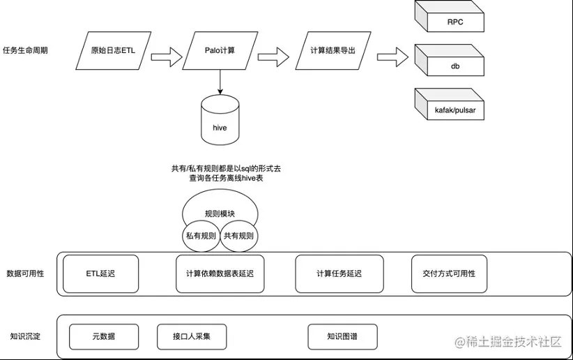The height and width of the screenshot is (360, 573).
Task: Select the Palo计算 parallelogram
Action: (x=219, y=50)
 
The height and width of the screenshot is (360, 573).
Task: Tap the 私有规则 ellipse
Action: (x=200, y=236)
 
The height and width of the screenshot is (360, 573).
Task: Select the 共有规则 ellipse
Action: (x=239, y=236)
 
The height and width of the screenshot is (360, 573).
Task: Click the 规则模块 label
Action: (x=220, y=214)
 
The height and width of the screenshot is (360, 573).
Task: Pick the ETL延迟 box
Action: (x=101, y=274)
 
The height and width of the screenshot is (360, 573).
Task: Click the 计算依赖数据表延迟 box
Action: (x=220, y=274)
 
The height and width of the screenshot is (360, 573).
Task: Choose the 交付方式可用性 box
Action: (x=449, y=274)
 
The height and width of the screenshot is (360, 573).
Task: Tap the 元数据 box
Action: (x=103, y=337)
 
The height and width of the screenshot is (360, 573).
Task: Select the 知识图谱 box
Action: (x=342, y=337)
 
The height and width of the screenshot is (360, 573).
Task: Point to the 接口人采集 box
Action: (x=191, y=337)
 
